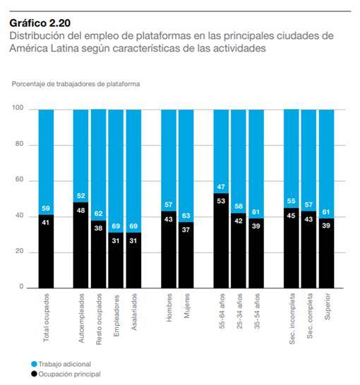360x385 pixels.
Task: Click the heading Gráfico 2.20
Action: [x=40, y=23]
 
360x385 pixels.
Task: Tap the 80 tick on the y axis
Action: [x=19, y=144]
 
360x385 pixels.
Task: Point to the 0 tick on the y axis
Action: [x=21, y=286]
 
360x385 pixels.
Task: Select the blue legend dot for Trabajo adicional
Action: [x=34, y=364]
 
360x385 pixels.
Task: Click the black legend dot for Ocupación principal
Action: [x=34, y=374]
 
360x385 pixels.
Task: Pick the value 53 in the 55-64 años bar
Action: [x=221, y=201]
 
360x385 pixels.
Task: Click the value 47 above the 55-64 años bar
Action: [x=221, y=187]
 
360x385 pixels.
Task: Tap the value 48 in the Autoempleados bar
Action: [x=81, y=210]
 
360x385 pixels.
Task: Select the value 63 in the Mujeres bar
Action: [x=186, y=216]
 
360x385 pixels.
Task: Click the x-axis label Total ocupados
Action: [x=46, y=317]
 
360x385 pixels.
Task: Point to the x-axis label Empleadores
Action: [x=116, y=316]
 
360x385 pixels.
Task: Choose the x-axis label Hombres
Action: [x=169, y=307]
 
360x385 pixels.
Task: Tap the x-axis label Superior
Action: [x=327, y=307]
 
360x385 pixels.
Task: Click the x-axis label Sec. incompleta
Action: [x=292, y=319]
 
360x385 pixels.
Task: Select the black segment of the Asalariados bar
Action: [x=133, y=260]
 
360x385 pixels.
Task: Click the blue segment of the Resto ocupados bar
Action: [x=99, y=165]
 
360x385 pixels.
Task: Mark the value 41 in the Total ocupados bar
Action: [x=46, y=222]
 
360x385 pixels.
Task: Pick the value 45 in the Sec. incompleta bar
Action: [x=292, y=216]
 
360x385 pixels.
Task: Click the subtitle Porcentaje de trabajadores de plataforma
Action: [x=76, y=84]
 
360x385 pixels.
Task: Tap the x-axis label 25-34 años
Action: [x=239, y=311]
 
